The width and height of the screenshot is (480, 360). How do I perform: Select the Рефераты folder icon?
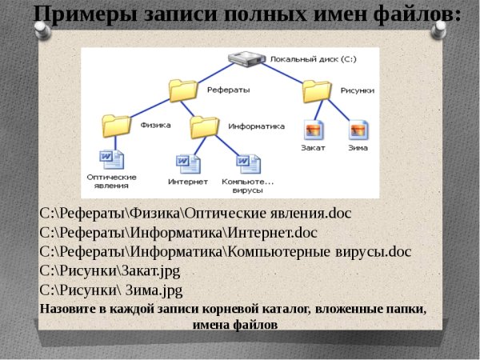(184, 89)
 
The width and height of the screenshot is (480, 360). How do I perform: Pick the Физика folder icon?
(118, 125)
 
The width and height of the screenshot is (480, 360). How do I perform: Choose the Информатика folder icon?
(205, 125)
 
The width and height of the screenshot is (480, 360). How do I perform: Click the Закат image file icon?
(314, 130)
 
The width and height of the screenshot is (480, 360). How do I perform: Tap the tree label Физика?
(155, 126)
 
